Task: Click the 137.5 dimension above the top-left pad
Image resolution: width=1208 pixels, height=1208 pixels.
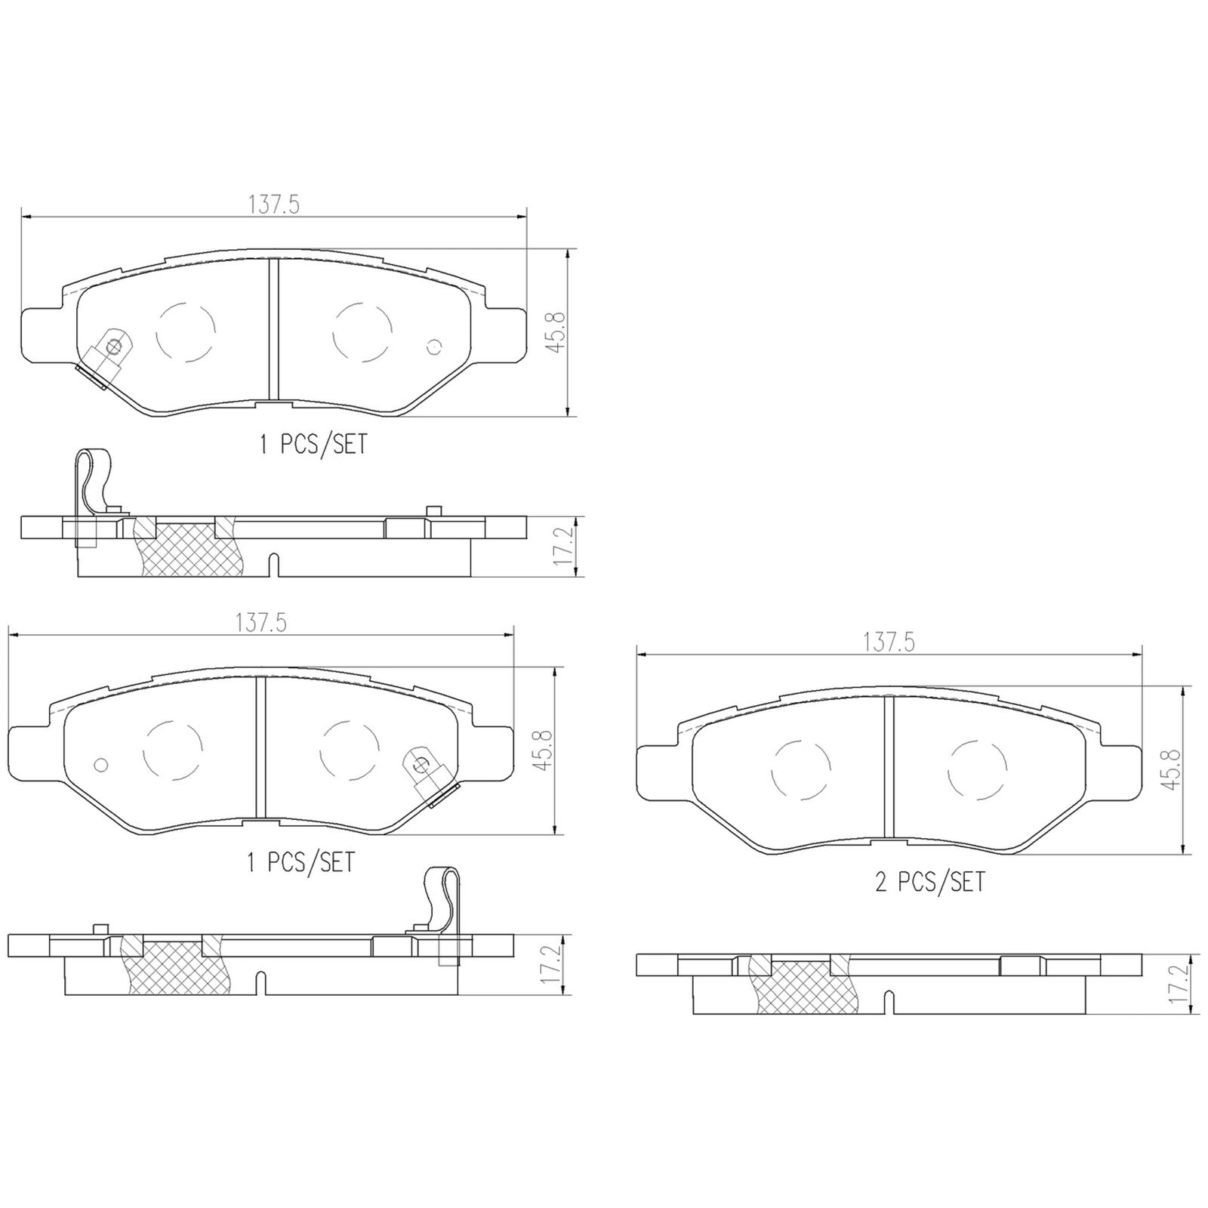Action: pyautogui.click(x=274, y=205)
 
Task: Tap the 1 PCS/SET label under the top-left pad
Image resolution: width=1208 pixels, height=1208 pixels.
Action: pyautogui.click(x=313, y=445)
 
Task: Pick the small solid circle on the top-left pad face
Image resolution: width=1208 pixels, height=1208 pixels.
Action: pyautogui.click(x=433, y=347)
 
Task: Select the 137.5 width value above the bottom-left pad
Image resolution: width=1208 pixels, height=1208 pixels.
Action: pyautogui.click(x=261, y=623)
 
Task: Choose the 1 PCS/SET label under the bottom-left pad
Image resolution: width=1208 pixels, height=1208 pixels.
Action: pyautogui.click(x=300, y=862)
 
